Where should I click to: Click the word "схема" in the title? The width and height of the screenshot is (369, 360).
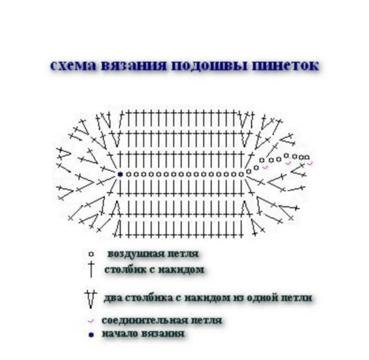[x=73, y=65]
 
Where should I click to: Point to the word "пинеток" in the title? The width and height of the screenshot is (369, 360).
[x=286, y=65]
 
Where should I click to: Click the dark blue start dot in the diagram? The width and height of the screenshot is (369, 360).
[x=120, y=174]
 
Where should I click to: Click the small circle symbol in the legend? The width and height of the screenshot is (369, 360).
[x=91, y=254]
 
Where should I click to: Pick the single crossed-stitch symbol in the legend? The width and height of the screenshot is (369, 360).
[x=91, y=269]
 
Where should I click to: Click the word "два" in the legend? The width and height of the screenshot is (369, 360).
[x=112, y=298]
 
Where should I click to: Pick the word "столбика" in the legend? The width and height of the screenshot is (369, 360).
[x=148, y=298]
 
